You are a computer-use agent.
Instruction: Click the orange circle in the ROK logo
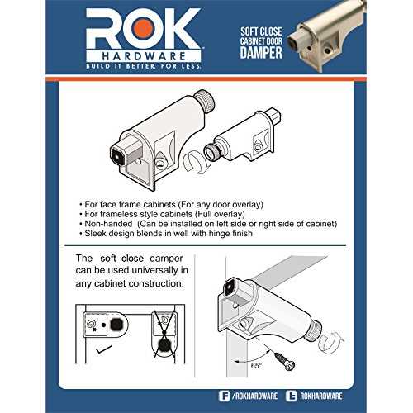[142, 29]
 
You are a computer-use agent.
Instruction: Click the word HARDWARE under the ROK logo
[144, 56]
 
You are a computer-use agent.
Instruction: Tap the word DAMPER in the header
[261, 52]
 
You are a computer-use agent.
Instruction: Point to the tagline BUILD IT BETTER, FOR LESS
[144, 66]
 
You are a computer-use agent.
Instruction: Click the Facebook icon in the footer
[224, 396]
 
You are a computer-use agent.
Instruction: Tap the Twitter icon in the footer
[291, 396]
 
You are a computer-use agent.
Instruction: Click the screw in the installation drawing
[285, 360]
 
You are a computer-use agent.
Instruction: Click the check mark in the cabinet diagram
[104, 349]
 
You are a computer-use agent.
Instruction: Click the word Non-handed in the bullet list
[108, 224]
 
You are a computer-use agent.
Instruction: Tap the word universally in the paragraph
[154, 270]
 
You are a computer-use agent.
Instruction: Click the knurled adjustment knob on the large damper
[205, 101]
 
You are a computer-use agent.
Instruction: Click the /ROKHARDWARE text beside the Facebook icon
[254, 396]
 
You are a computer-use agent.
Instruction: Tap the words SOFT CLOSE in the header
[261, 31]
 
